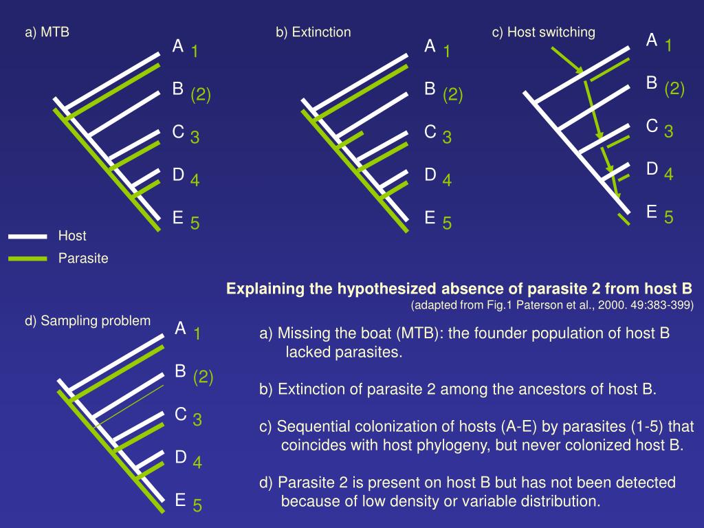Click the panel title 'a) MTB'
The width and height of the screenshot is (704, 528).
tap(47, 32)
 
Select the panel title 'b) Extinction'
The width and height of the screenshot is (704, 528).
tap(313, 32)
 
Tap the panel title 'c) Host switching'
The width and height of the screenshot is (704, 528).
tap(543, 32)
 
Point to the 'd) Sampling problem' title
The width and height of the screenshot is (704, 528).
tap(87, 321)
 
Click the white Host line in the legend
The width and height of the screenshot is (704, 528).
tap(27, 236)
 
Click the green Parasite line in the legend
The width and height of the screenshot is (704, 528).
tap(27, 259)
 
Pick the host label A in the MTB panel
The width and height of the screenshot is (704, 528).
tap(178, 46)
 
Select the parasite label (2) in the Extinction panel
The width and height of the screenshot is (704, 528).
tap(452, 94)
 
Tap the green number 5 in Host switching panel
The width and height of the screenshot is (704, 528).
tap(668, 218)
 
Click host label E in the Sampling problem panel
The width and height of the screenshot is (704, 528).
tap(180, 499)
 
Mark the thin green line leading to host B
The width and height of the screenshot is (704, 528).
tap(131, 406)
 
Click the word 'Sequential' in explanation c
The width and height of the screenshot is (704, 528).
tap(311, 426)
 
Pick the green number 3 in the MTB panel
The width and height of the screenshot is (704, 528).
tap(195, 137)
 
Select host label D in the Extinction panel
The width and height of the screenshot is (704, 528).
tap(430, 175)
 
